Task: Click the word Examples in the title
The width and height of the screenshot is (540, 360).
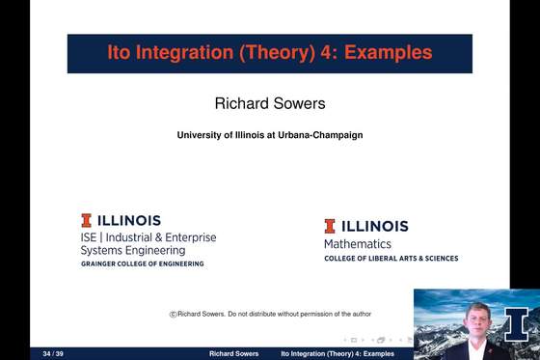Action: tap(393, 53)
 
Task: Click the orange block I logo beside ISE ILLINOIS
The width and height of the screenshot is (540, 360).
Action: tap(87, 220)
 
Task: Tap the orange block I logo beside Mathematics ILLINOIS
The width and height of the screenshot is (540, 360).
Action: tap(330, 226)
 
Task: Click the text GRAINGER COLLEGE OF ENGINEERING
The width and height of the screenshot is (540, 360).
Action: tap(142, 263)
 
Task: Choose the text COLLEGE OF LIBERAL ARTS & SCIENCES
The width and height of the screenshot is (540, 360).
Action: tap(391, 259)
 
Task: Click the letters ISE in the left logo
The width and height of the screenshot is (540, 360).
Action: tap(90, 237)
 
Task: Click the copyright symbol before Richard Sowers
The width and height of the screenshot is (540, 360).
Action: tap(173, 314)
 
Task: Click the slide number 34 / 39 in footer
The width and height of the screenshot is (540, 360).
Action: tap(40, 354)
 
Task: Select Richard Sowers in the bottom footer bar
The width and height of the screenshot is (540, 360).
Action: tap(233, 354)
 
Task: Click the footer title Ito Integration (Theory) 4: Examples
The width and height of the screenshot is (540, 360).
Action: tap(337, 354)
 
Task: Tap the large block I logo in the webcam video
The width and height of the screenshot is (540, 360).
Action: tap(517, 322)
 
